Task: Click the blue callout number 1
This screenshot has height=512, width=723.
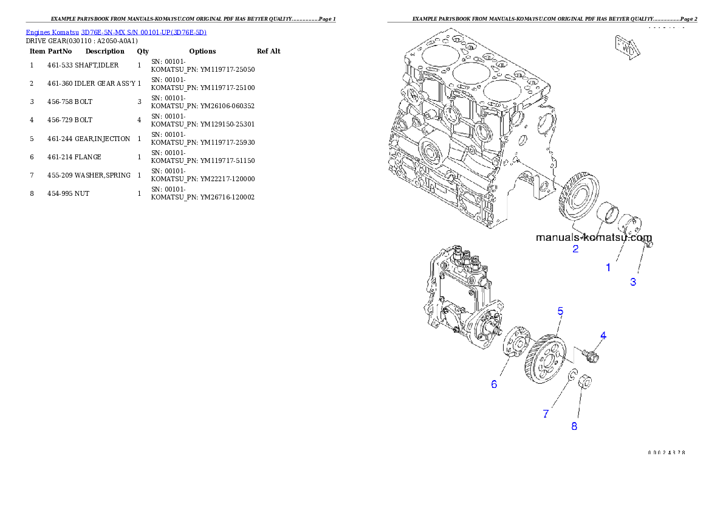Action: click(x=608, y=267)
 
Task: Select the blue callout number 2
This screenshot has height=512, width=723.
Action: click(x=575, y=249)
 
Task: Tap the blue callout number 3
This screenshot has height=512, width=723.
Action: click(x=633, y=282)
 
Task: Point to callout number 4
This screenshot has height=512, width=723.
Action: click(x=603, y=335)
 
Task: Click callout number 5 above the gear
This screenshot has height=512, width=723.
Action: click(x=560, y=311)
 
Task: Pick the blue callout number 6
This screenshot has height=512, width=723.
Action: click(x=494, y=384)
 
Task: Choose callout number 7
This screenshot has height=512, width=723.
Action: click(x=546, y=414)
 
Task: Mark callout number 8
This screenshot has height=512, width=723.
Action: click(x=574, y=426)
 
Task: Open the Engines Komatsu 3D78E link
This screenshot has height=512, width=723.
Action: click(x=116, y=32)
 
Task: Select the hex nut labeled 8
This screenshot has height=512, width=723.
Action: click(x=585, y=382)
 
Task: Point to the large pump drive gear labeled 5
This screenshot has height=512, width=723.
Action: click(x=543, y=359)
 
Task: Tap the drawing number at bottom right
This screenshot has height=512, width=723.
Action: click(x=666, y=452)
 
